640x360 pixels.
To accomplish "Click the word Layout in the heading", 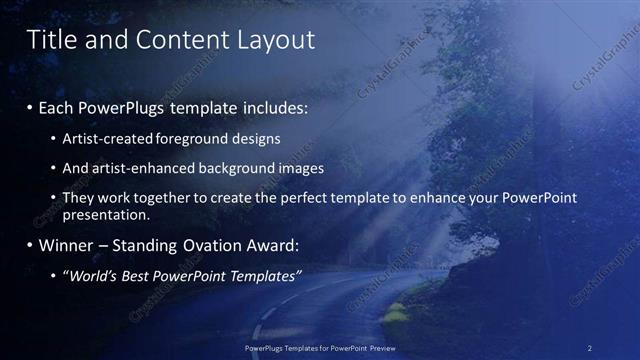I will pos(275,40).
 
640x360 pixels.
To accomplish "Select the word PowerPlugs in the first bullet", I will pos(124,107).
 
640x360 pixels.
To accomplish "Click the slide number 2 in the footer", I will pos(590,348).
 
